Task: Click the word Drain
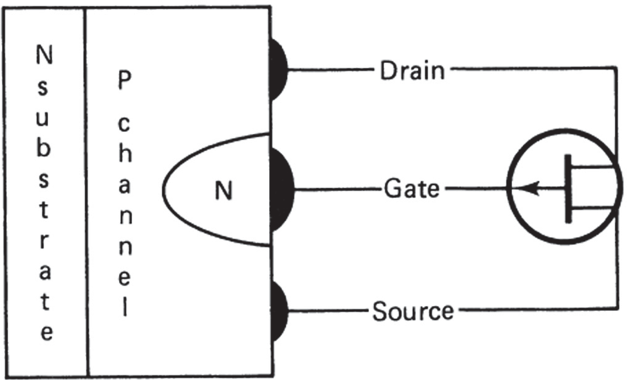click(412, 71)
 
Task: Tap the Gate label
click(412, 188)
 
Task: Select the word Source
click(412, 311)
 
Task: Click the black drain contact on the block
click(278, 69)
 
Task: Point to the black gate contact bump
click(281, 188)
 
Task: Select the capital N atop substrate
click(43, 57)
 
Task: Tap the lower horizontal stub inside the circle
click(591, 209)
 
